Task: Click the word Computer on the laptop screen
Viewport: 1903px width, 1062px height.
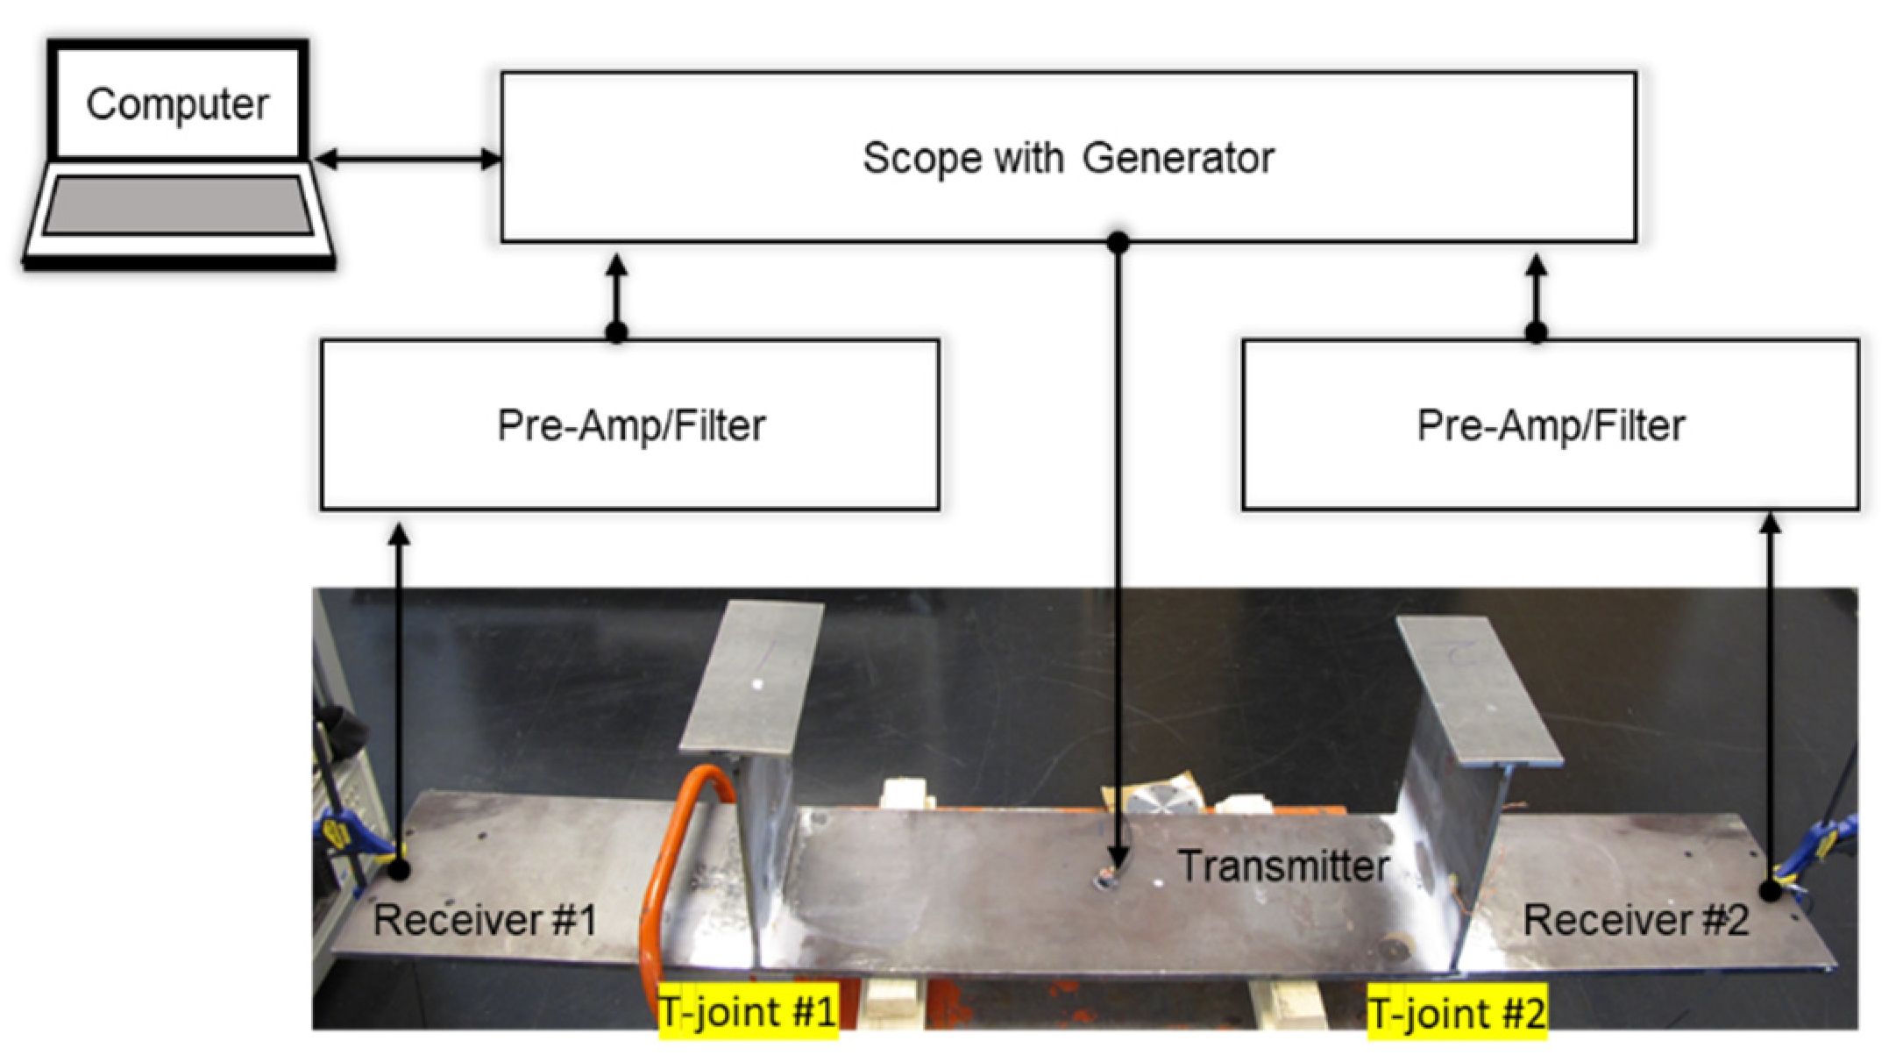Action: coord(177,105)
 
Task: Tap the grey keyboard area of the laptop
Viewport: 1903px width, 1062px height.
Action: coord(178,205)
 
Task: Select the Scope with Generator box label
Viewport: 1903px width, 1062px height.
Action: coord(1068,158)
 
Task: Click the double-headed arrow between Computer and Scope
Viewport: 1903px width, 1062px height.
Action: coord(408,160)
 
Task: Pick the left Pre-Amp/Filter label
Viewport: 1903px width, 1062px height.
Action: coord(631,426)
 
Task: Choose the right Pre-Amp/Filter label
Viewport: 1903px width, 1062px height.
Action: coord(1551,426)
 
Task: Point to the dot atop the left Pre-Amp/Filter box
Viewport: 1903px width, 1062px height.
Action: coord(617,332)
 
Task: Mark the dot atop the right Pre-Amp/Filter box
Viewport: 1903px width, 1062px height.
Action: coord(1536,332)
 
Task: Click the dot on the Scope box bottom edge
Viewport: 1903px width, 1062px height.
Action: coord(1118,242)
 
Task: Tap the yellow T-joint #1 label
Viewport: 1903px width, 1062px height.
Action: coord(748,1011)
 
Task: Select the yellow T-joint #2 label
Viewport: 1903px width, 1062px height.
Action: coord(1457,1013)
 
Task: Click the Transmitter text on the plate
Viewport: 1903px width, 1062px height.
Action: coord(1283,866)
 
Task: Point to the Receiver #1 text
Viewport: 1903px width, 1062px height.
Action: coord(485,920)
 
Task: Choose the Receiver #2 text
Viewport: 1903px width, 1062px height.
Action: coord(1635,920)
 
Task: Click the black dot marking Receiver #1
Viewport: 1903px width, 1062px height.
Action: coord(399,869)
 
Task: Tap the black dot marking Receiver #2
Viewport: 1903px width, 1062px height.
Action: coord(1770,892)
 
